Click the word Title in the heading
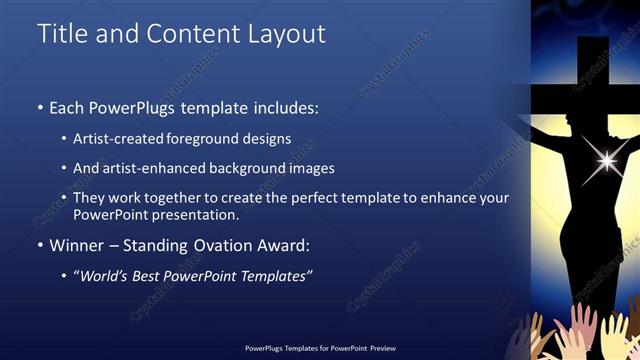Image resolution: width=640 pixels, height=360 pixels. tap(62, 33)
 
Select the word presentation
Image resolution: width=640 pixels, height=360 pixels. tap(189, 215)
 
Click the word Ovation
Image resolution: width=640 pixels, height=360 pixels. tap(229, 245)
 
